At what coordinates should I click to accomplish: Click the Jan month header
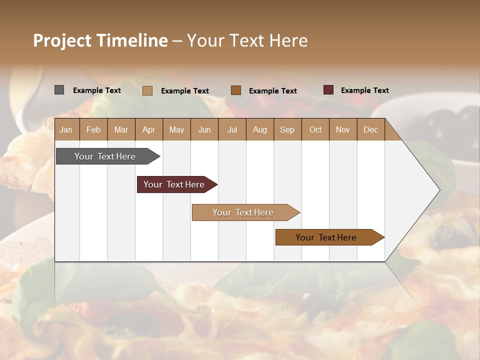(x=66, y=129)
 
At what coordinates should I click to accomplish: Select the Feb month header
(x=93, y=129)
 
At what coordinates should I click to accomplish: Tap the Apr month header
(x=148, y=129)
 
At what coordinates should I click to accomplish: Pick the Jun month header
(x=204, y=129)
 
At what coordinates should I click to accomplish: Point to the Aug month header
(x=259, y=129)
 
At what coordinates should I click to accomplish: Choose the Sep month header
(x=287, y=129)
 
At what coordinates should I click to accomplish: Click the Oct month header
(x=315, y=129)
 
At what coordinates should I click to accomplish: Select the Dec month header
(x=370, y=129)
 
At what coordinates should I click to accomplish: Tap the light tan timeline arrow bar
(x=244, y=212)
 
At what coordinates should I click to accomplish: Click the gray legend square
(x=59, y=90)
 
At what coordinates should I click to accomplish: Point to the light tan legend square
(x=147, y=90)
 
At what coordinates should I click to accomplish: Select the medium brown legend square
(x=236, y=90)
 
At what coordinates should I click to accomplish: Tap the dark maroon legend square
(x=328, y=90)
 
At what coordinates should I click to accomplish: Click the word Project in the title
(x=62, y=40)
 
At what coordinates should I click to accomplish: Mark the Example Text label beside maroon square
(x=364, y=90)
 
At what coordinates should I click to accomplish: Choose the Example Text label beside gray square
(x=96, y=90)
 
